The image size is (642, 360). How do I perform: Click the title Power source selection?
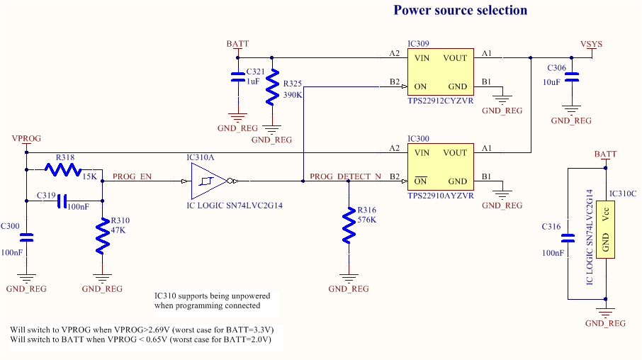coord(460,11)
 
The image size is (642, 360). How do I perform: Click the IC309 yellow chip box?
coord(440,72)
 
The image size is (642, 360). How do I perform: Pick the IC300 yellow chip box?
coord(440,167)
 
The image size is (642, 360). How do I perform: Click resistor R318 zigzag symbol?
coord(64,170)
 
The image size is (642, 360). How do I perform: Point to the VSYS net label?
coord(591,44)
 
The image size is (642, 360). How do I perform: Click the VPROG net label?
coord(26,138)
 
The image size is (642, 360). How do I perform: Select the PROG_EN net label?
coord(132,176)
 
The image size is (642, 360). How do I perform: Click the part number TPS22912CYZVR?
coord(440,101)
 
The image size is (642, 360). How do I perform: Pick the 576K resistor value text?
coord(366,220)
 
